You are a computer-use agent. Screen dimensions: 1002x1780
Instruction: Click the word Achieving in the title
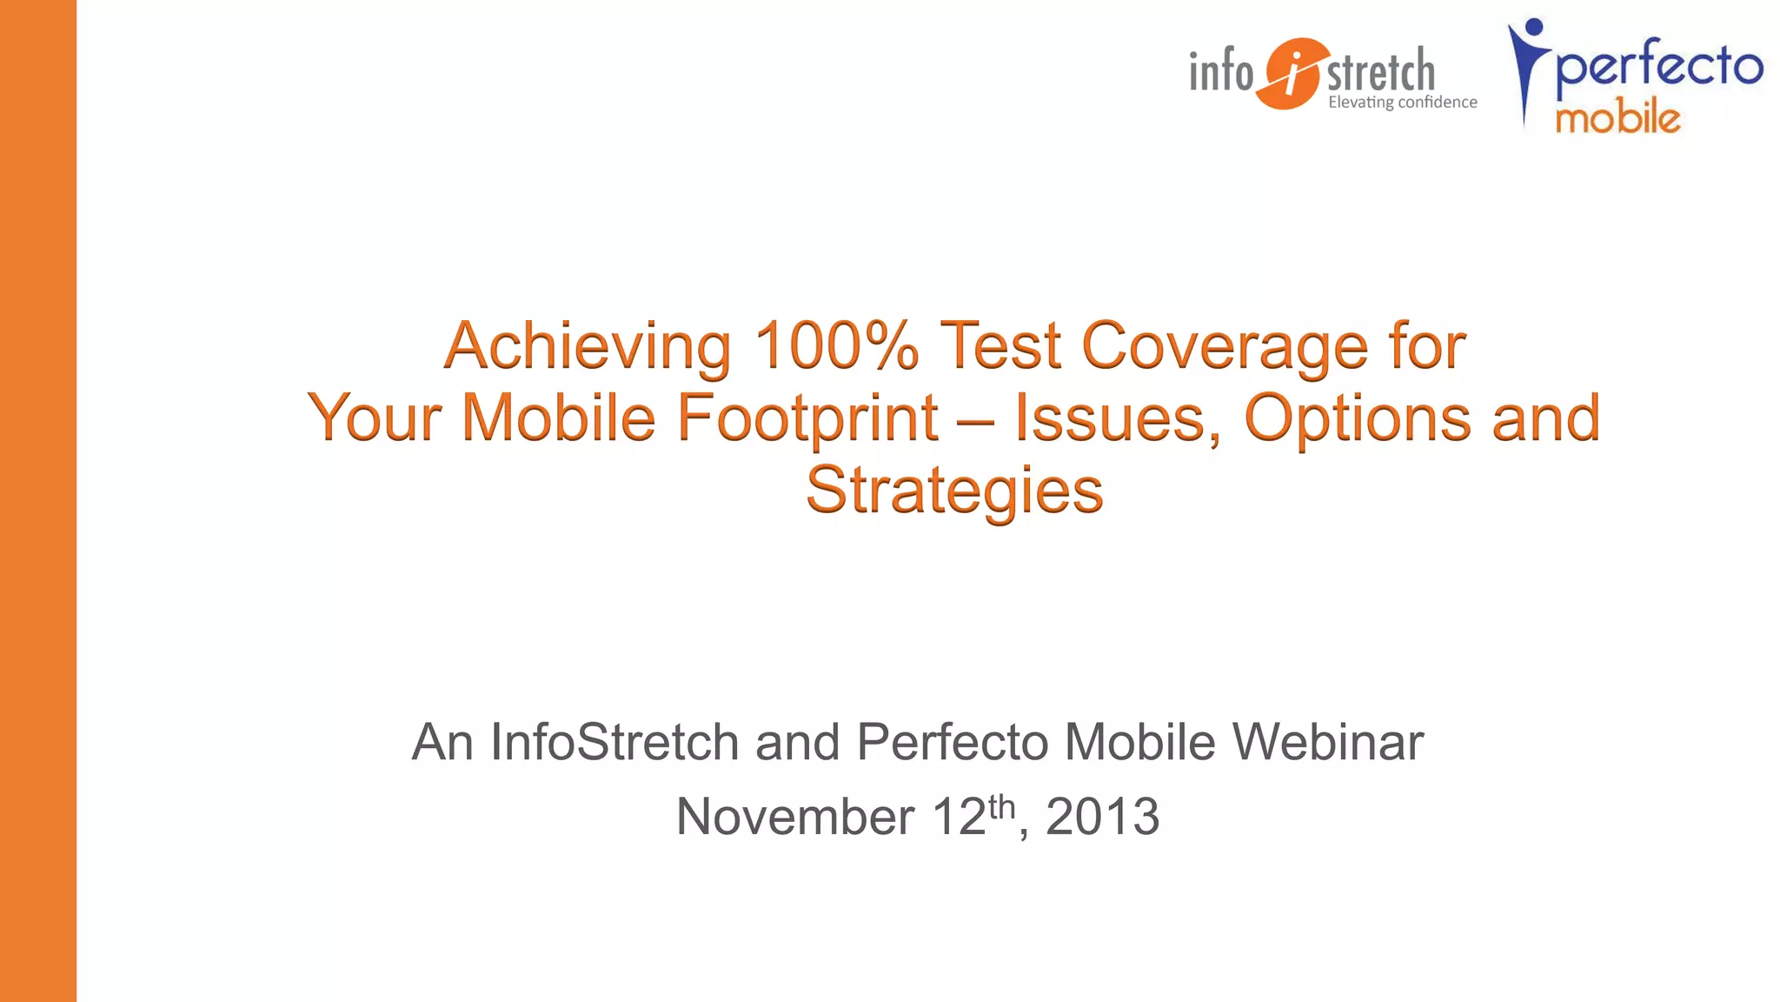pos(587,347)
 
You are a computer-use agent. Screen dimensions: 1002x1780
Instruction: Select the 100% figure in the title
pos(836,345)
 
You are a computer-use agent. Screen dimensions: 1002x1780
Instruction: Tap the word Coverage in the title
pos(1225,347)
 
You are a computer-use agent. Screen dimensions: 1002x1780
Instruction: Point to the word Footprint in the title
pos(807,418)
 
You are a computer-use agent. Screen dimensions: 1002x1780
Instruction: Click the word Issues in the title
pos(1118,418)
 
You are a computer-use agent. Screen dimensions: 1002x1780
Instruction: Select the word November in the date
pos(794,817)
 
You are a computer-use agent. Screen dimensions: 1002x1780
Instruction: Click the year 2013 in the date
pos(1102,817)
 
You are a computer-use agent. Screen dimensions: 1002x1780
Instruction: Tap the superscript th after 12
pos(1001,806)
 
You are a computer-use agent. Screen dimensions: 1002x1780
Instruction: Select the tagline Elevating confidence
pos(1402,103)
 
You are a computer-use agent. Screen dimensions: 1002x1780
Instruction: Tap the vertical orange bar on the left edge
pos(38,501)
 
